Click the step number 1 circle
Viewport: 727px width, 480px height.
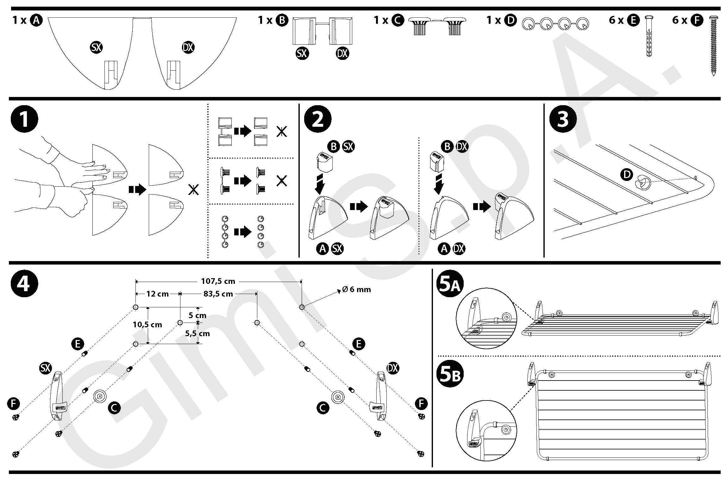pos(24,119)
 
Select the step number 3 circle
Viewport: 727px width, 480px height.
pos(563,119)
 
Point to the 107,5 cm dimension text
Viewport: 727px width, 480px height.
pos(218,281)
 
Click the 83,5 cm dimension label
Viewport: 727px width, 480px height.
pos(218,294)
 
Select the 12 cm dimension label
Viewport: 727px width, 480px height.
pos(157,294)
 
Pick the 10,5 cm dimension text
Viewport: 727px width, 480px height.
pos(147,324)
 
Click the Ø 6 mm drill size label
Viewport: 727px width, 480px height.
pos(356,289)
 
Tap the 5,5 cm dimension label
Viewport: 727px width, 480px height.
pos(197,333)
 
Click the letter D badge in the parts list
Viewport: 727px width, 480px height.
pos(510,20)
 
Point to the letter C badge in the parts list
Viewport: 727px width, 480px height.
pos(398,20)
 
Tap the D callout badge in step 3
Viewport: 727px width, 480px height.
pos(627,174)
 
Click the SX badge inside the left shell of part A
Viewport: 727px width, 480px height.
pos(96,48)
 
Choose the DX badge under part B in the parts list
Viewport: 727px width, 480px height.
pos(342,53)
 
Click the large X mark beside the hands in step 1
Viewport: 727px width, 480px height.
pos(193,190)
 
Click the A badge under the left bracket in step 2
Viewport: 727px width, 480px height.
pos(323,249)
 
